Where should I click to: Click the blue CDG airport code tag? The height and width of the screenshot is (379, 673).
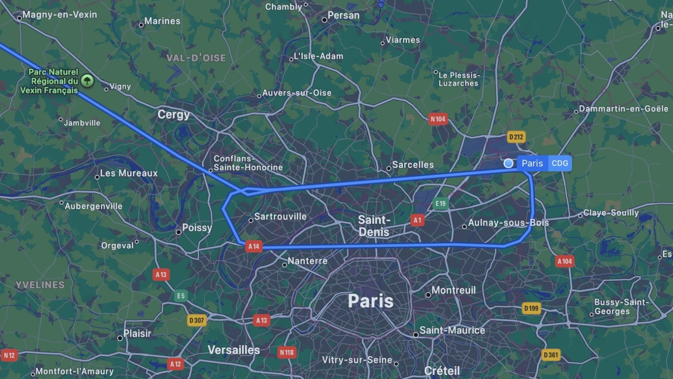[x=559, y=163]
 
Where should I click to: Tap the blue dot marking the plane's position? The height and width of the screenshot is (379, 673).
[x=509, y=163]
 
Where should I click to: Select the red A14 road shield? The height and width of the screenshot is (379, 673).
[x=254, y=246]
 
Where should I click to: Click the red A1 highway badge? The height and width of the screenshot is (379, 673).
[x=417, y=220]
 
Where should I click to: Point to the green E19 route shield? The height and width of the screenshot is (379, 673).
[x=440, y=204]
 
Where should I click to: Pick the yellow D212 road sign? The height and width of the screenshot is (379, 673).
[x=516, y=137]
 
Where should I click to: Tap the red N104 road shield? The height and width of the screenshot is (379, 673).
[x=438, y=119]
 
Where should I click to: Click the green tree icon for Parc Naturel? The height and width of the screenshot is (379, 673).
[x=87, y=80]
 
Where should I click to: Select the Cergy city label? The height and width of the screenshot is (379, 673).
[x=174, y=115]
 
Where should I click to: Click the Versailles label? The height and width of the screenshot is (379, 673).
[x=234, y=350]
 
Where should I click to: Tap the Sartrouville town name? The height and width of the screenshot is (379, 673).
[x=280, y=216]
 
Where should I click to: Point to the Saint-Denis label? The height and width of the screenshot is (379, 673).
[x=374, y=226]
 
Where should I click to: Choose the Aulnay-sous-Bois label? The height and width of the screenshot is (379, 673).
[x=508, y=222]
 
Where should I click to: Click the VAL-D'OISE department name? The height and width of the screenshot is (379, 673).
[x=196, y=58]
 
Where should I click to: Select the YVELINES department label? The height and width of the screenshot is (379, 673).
[x=40, y=285]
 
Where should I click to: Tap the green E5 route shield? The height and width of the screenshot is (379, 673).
[x=181, y=296]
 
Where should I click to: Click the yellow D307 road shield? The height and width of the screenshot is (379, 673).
[x=196, y=320]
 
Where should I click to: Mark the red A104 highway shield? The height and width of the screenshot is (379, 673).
[x=564, y=262]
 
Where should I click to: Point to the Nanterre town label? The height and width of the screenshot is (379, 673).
[x=307, y=261]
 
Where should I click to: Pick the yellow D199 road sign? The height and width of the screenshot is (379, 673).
[x=531, y=308]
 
